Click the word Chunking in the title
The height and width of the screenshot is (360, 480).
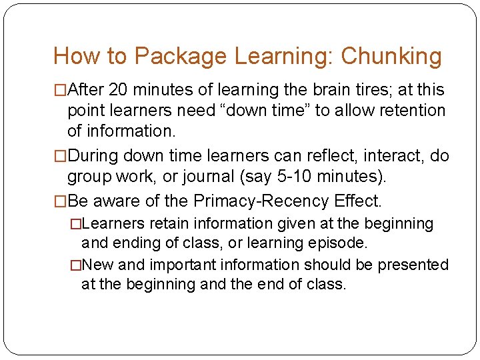391,56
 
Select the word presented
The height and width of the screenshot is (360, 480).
413,265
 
